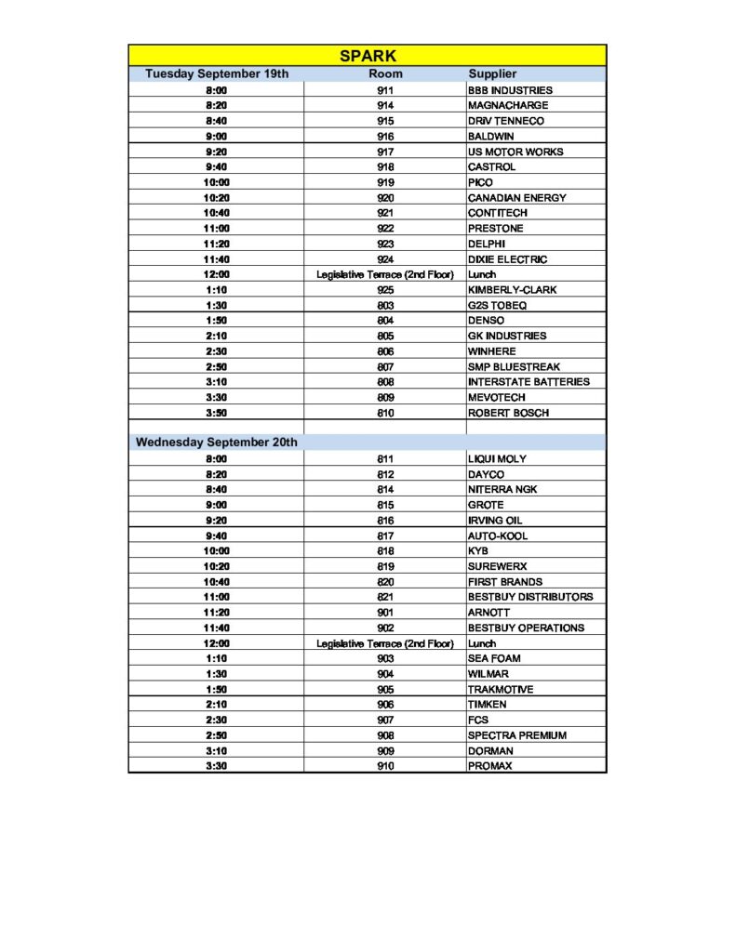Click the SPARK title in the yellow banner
(368, 56)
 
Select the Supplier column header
(492, 73)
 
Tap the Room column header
(385, 73)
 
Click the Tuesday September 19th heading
(217, 73)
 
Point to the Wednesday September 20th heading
(217, 443)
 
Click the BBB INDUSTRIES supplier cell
(510, 90)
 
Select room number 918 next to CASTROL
(385, 167)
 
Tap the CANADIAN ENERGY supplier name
(516, 198)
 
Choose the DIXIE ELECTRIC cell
(507, 259)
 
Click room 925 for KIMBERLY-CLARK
(385, 290)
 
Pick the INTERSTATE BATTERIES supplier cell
(529, 382)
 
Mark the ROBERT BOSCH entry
(508, 413)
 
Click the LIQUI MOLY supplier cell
(498, 459)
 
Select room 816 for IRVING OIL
(385, 521)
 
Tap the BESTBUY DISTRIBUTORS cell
(530, 597)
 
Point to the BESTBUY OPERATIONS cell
(526, 628)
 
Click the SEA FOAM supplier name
(494, 658)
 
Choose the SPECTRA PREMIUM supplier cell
(516, 735)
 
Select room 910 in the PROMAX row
(385, 766)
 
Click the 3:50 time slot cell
(217, 413)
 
